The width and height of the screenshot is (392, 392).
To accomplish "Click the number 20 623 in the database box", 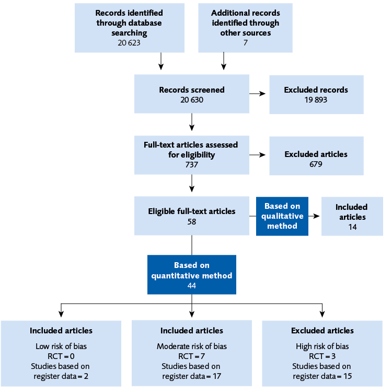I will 129,42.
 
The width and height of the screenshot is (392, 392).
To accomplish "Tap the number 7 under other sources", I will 245,42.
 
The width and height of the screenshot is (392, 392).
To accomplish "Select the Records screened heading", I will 192,89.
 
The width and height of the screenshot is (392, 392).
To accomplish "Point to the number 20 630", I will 192,99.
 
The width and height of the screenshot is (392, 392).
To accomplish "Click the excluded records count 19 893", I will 316,99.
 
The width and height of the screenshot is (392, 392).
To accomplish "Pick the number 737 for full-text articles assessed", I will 192,164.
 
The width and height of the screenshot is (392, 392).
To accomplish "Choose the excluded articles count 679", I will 316,164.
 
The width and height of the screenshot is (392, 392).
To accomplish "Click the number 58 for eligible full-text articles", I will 192,221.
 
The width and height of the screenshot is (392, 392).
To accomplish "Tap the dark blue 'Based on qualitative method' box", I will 282,216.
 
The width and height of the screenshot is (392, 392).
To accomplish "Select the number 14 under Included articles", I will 351,227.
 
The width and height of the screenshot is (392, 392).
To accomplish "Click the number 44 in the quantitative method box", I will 192,285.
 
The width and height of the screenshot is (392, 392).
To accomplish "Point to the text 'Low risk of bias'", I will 61,346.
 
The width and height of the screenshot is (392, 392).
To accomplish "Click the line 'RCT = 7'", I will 191,356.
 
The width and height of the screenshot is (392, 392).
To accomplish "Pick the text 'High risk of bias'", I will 322,346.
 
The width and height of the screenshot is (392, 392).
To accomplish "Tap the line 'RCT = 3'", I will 322,356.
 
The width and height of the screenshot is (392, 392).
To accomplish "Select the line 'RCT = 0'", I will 61,356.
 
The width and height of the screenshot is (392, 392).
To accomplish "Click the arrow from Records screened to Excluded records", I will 257,94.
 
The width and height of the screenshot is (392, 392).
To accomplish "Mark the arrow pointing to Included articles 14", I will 314,216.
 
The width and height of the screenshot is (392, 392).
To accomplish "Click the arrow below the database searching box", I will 161,62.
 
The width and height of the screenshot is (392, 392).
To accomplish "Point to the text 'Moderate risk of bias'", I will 191,346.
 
